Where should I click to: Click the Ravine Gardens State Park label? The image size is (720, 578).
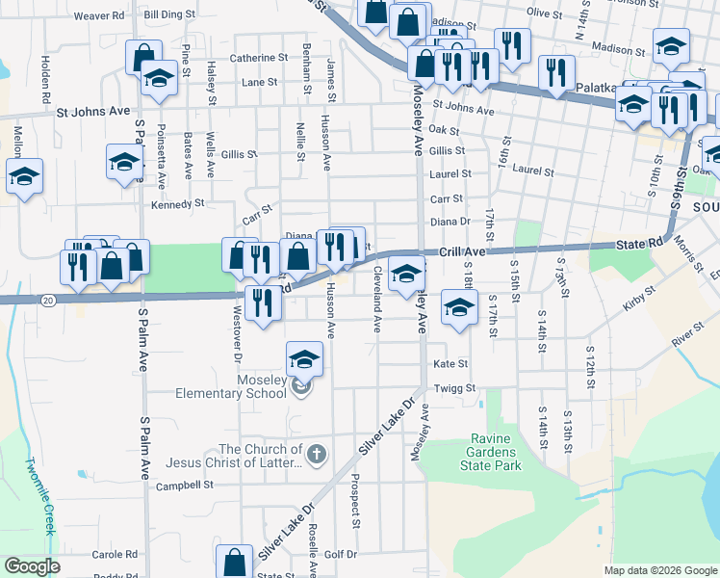495,452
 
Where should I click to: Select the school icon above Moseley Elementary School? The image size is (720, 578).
305,360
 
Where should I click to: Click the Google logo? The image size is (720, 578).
32,566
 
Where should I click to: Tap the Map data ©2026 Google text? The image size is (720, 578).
659,570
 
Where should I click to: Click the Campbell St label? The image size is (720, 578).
184,485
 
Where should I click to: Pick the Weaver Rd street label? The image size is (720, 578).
99,15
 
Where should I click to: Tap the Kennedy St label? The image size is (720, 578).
178,204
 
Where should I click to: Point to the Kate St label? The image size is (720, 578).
450,364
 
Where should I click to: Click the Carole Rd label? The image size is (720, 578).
115,555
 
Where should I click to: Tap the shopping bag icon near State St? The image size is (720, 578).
234,561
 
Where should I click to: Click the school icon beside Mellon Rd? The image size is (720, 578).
25,176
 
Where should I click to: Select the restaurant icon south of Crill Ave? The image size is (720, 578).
262,302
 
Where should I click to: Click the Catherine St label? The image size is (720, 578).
258,58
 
